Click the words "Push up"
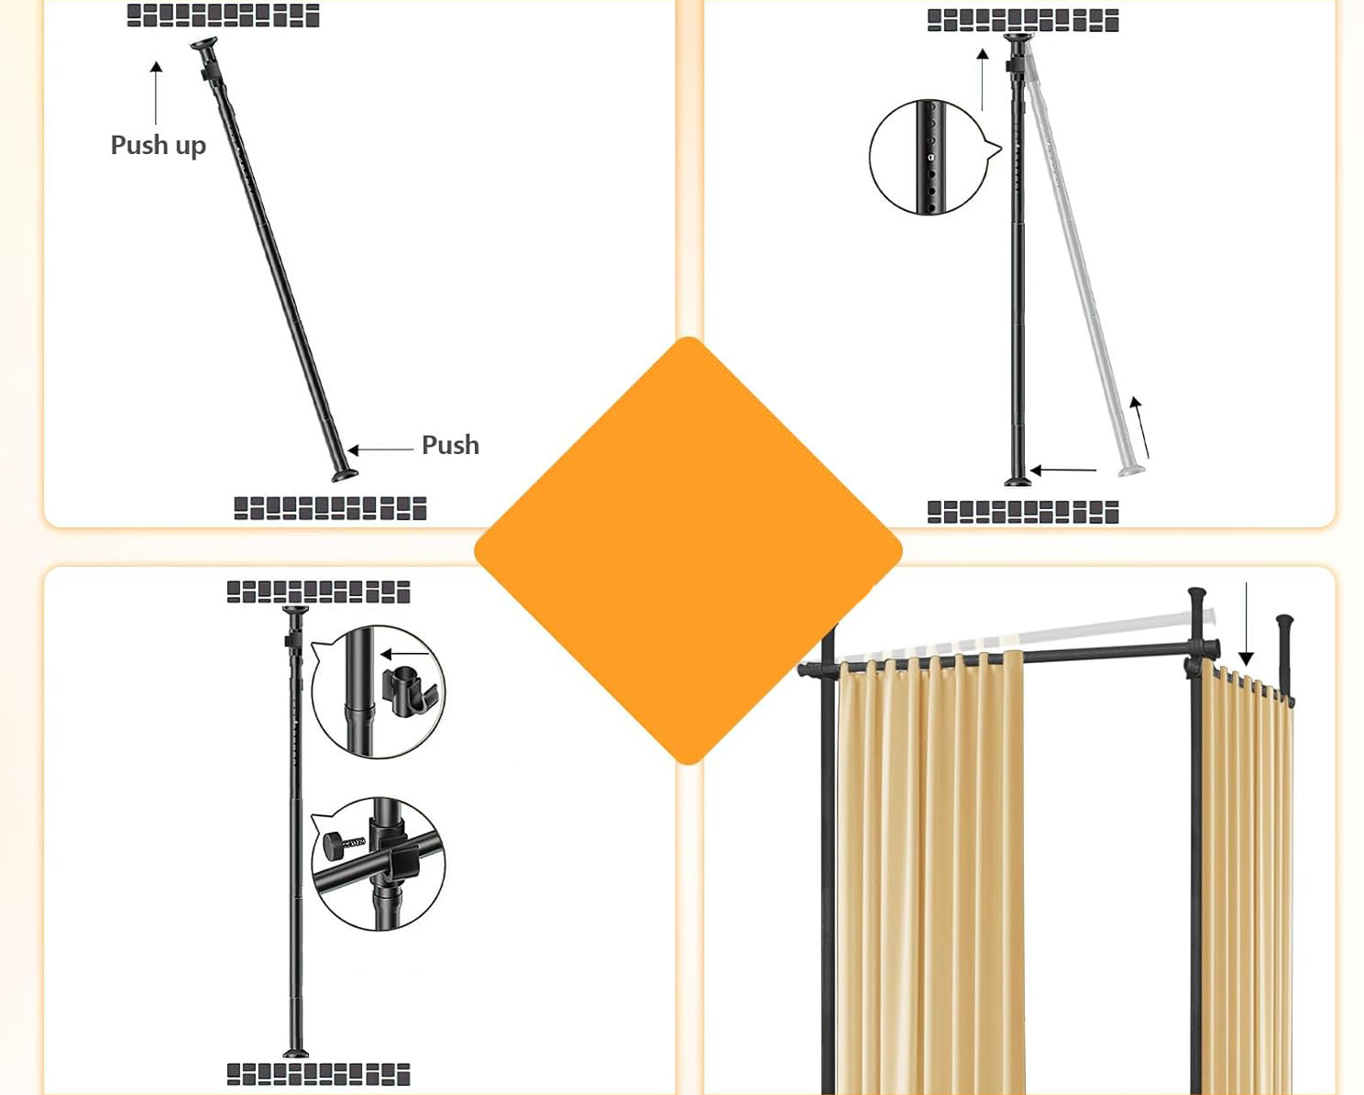coord(159,145)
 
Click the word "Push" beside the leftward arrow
coord(451,445)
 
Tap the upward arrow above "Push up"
coord(156,94)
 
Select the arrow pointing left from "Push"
coord(380,449)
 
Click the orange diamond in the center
coord(688,550)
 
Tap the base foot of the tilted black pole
coord(345,475)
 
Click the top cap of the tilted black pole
coord(204,44)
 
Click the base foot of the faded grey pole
coord(1131,470)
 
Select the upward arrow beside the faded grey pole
coord(1140,427)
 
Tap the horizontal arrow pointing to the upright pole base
coord(1063,470)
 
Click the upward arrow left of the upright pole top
coord(983,80)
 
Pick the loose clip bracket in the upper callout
coord(408,691)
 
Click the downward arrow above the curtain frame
coord(1246,624)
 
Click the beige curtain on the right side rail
coord(1247,881)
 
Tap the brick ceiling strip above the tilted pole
coord(223,16)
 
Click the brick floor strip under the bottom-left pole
coord(318,1074)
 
